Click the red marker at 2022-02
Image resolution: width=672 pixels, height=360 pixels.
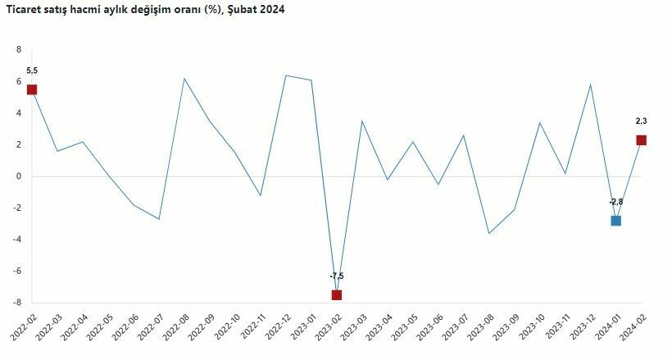tap(32, 89)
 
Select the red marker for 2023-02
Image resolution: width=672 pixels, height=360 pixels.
tap(336, 294)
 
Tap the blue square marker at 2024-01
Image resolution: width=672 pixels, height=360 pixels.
tap(615, 221)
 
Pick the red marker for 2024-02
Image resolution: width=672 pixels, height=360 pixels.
tap(641, 140)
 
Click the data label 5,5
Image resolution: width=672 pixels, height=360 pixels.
tap(32, 71)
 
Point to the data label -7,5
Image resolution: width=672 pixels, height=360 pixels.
tap(336, 276)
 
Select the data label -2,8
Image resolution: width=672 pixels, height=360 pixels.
tap(616, 202)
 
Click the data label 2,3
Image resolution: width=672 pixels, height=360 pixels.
tap(641, 121)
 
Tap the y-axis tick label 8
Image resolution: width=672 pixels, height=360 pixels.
tap(18, 49)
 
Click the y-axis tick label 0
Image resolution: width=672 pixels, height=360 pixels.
tap(18, 176)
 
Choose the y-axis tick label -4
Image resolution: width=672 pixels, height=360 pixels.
tap(16, 239)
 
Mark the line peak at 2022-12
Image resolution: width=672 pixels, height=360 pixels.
tap(285, 75)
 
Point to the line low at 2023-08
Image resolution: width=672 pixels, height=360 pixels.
tap(488, 234)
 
